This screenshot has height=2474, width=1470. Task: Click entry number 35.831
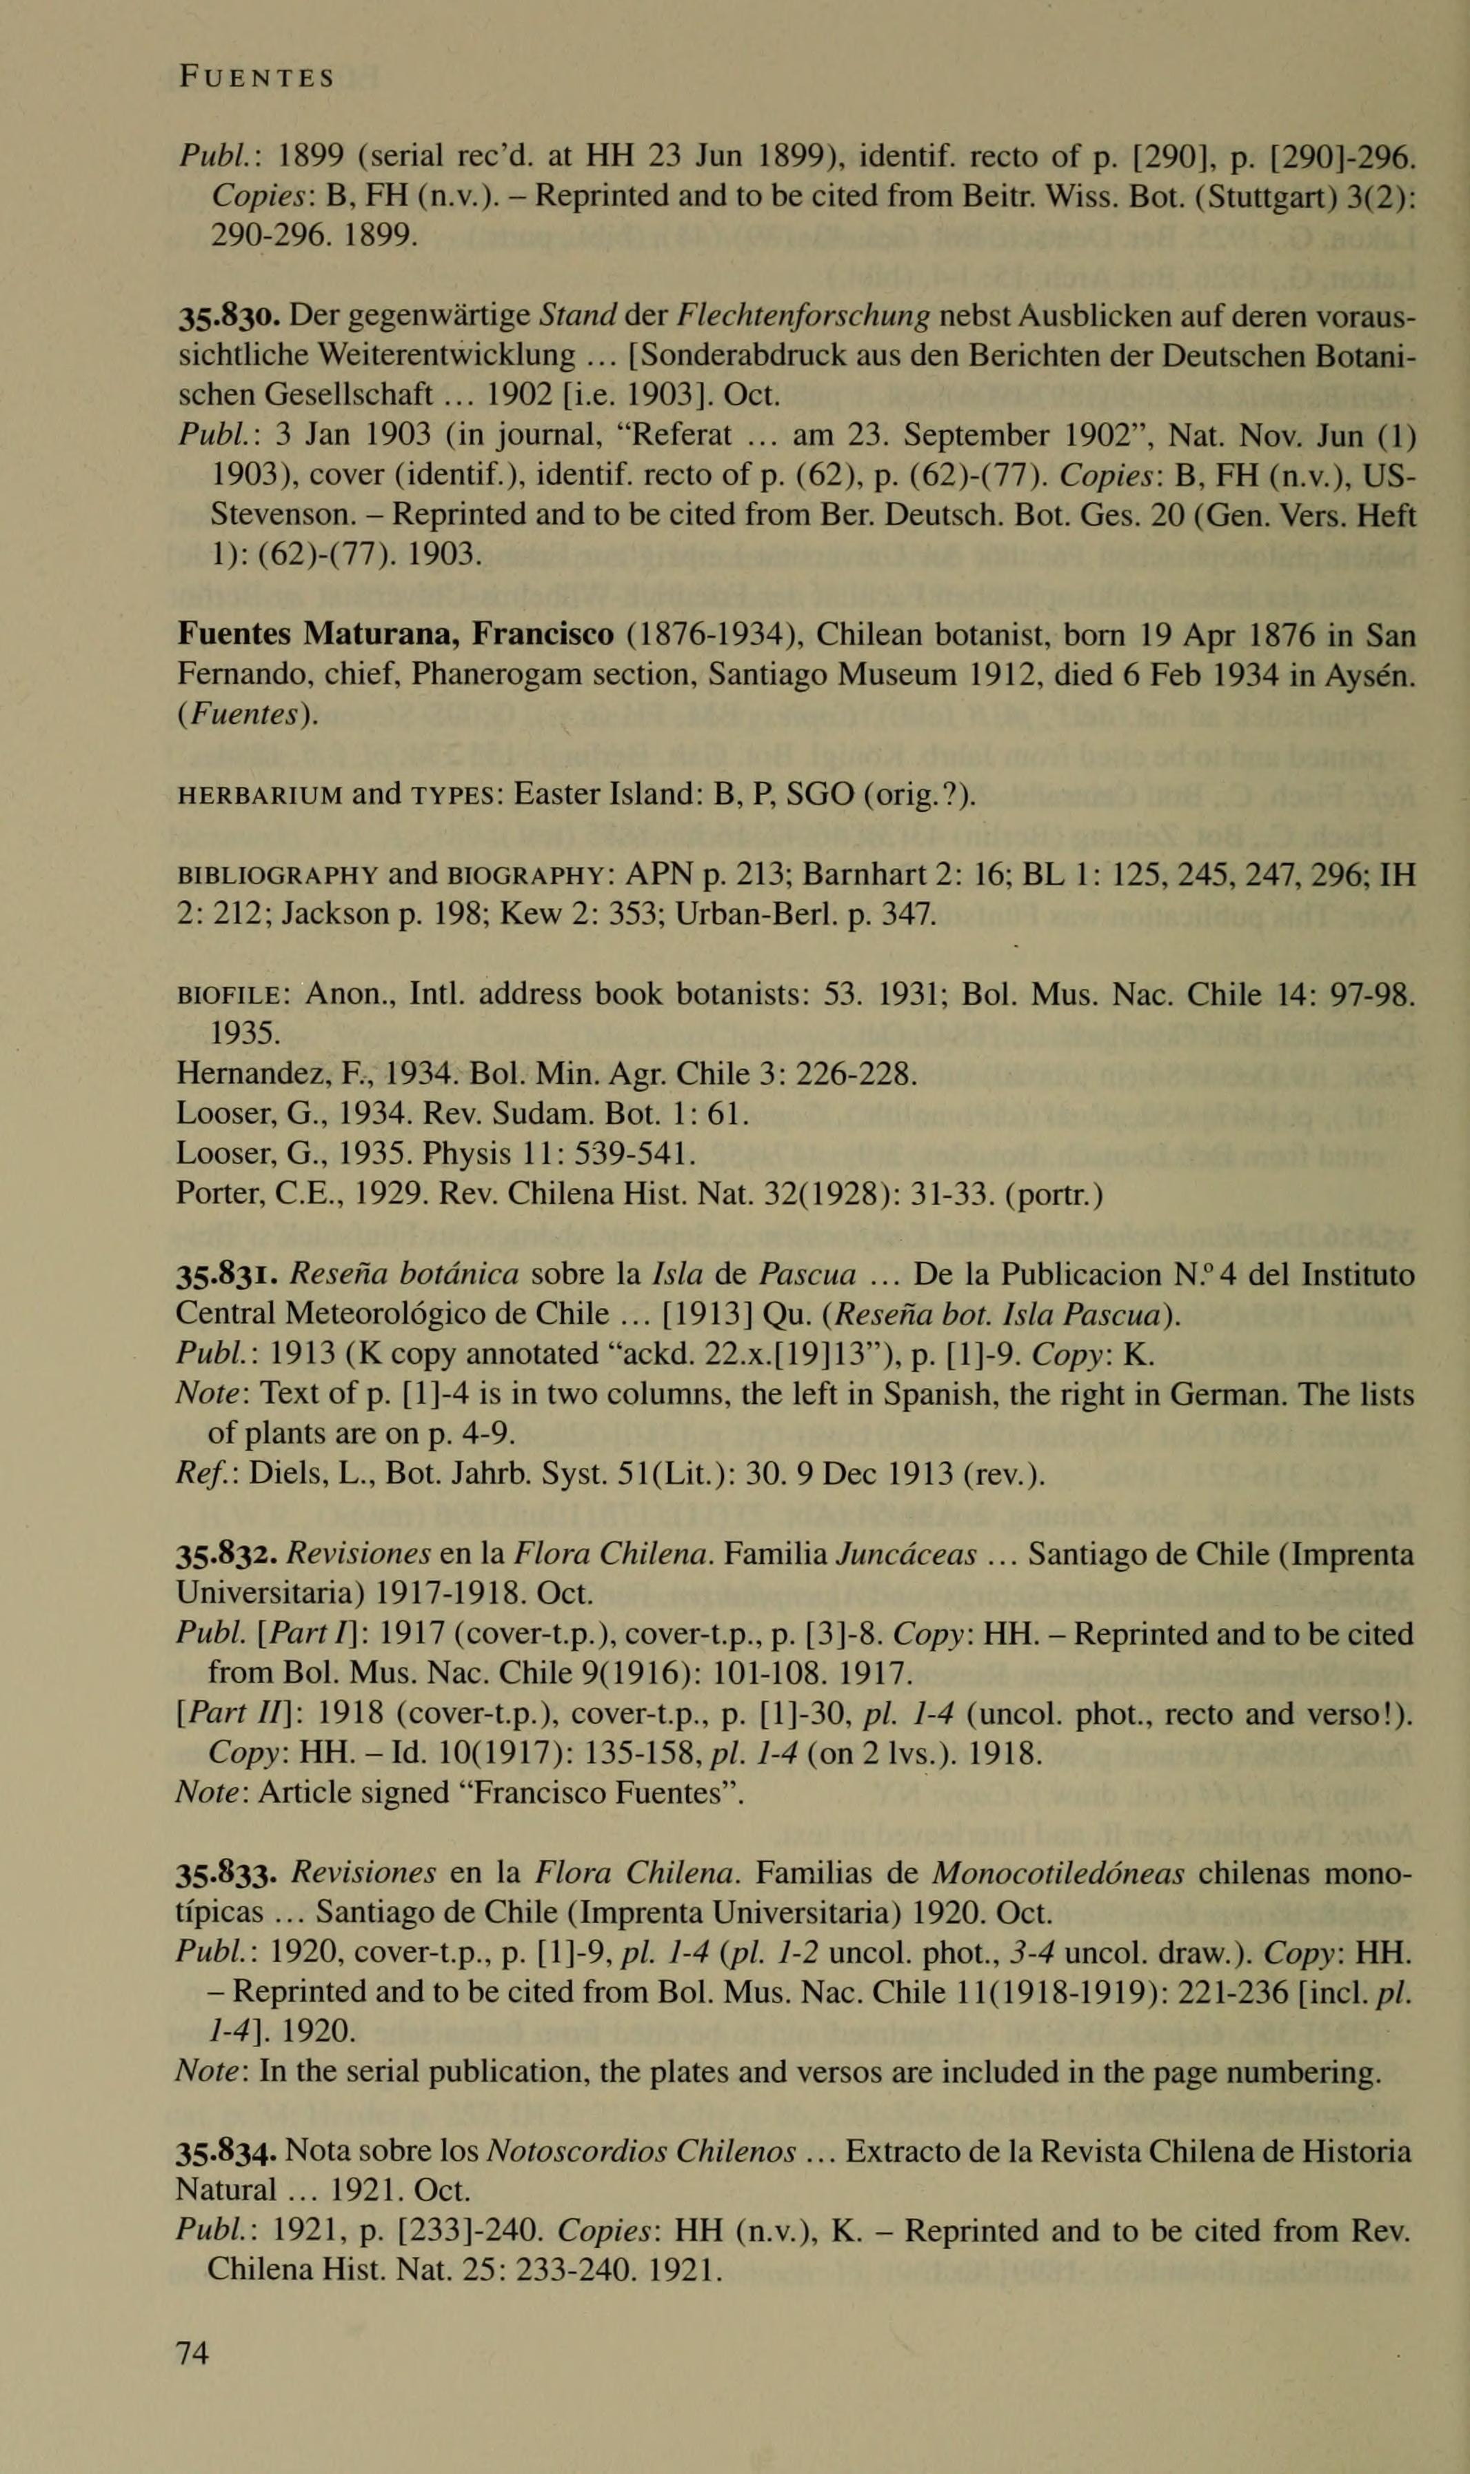pyautogui.click(x=229, y=1275)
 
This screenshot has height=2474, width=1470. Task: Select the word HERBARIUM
pyautogui.click(x=259, y=794)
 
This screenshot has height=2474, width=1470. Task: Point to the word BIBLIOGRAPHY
pyautogui.click(x=276, y=876)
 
